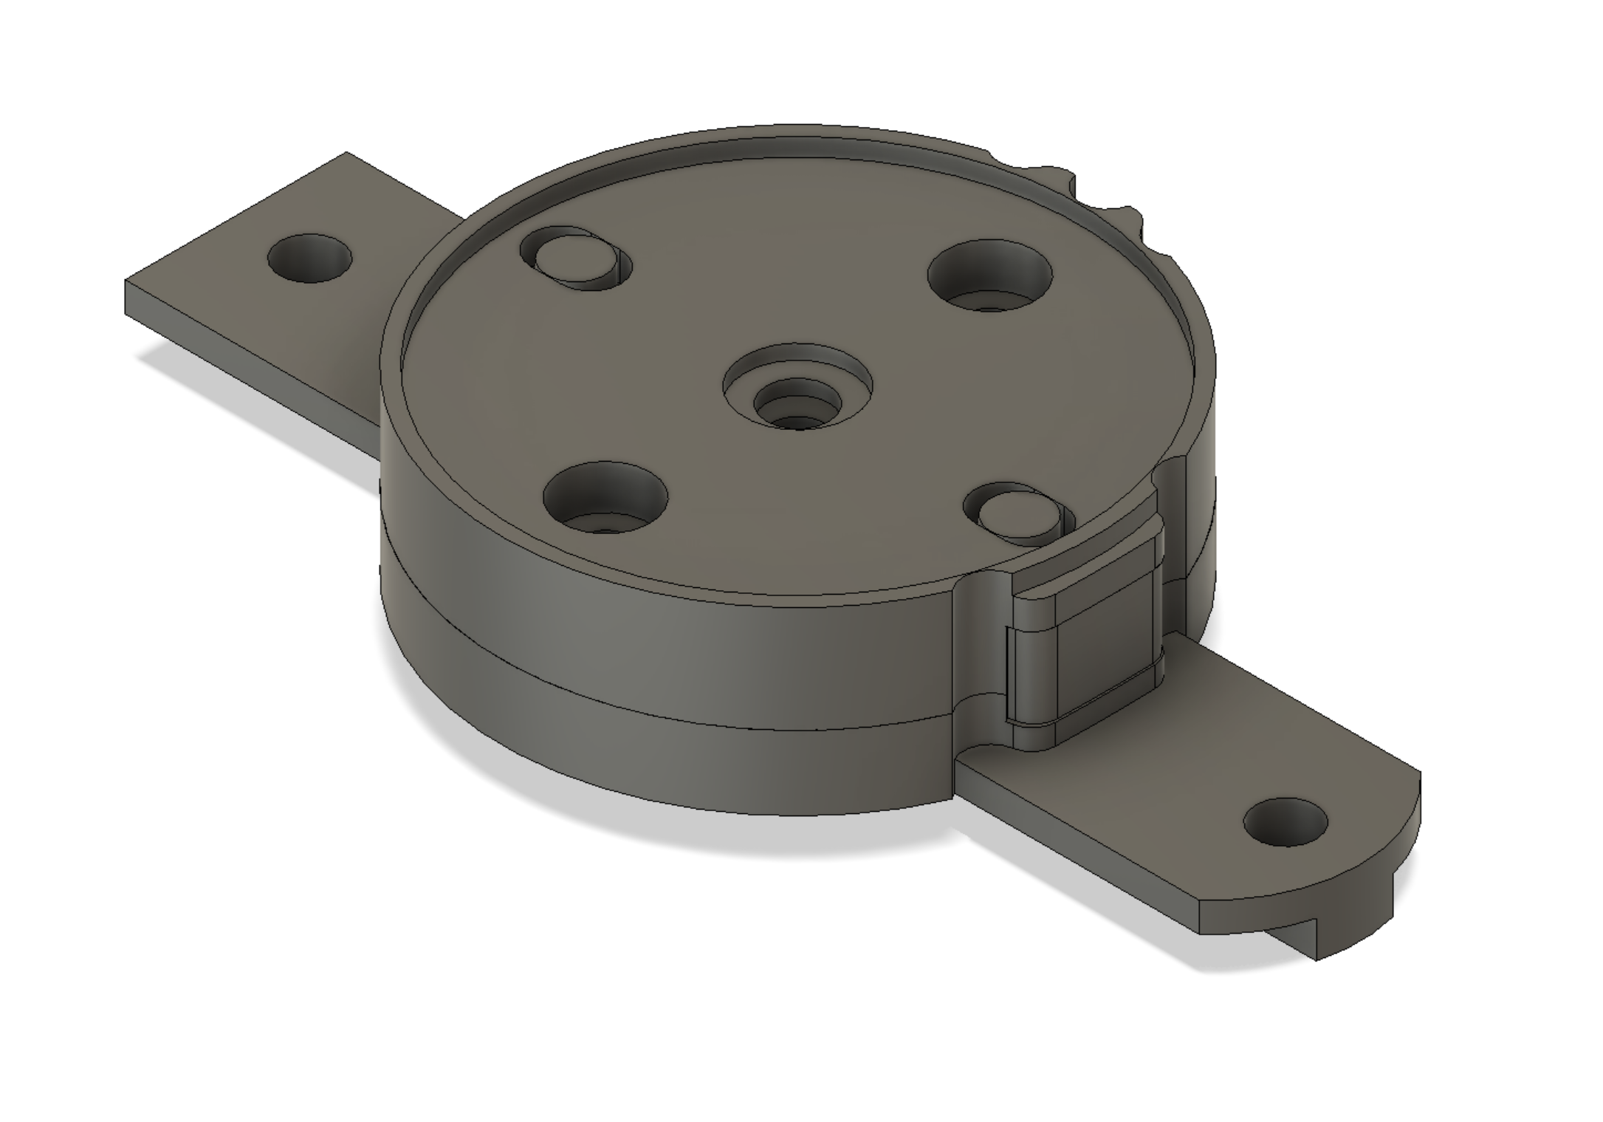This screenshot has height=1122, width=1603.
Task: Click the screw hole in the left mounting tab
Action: [309, 259]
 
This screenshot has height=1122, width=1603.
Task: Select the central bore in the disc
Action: [797, 406]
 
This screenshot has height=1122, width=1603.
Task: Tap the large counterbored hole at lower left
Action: [605, 498]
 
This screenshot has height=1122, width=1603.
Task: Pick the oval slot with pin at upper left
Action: [577, 258]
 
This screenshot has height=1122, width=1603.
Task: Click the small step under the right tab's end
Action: [1300, 946]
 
